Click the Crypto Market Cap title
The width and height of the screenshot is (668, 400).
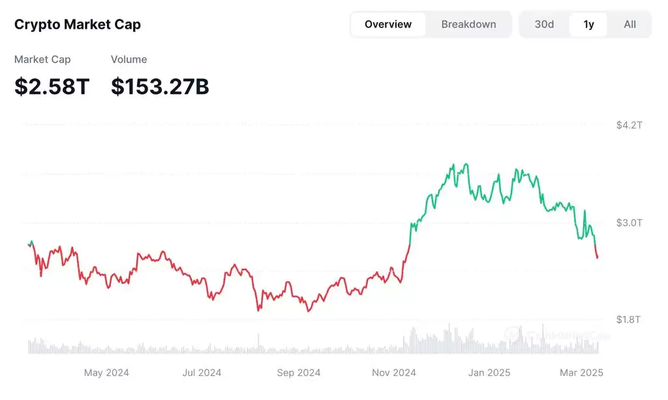[x=78, y=25]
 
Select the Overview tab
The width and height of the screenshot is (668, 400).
[x=388, y=25]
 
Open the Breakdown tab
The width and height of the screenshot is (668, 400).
[x=468, y=25]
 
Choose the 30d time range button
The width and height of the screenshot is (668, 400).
[x=544, y=25]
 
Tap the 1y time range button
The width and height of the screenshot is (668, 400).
[x=588, y=25]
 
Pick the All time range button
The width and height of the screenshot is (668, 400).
[x=630, y=25]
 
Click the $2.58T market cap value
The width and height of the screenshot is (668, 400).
[x=52, y=86]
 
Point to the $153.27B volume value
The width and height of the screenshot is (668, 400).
[x=160, y=86]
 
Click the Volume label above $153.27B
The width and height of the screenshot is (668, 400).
[x=129, y=59]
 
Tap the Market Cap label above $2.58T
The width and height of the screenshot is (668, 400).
[x=42, y=59]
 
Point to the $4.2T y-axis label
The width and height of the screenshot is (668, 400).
[x=629, y=125]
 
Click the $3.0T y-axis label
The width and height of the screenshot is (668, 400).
[x=629, y=223]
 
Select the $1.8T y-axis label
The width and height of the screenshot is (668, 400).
[x=629, y=319]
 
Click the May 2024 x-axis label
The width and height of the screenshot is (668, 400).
[x=106, y=373]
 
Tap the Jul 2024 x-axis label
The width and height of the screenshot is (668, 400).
[x=202, y=373]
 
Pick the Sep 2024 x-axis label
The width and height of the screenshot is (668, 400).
[x=299, y=373]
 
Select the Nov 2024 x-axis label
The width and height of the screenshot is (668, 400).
[x=394, y=373]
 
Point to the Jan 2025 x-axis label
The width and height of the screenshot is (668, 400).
[x=489, y=373]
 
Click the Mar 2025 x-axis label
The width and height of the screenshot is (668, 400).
[x=581, y=373]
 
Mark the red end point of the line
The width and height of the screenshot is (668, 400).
[x=597, y=258]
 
